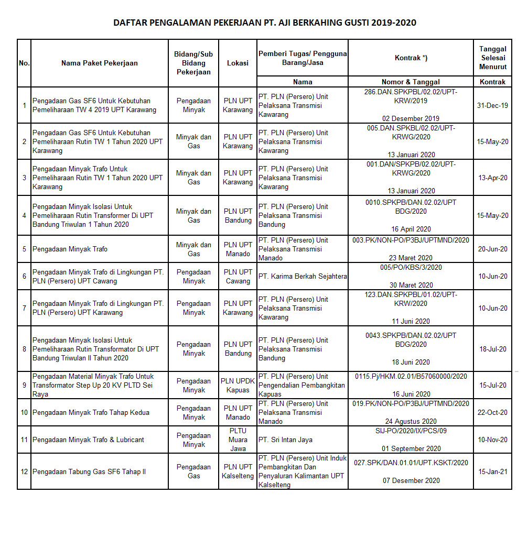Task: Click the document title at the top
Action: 265,23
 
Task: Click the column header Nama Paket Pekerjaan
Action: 100,63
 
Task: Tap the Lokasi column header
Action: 238,63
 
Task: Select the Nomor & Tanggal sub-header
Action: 411,82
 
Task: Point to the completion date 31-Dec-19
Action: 492,105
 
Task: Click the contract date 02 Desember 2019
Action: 411,118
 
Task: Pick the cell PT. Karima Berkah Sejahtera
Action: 303,277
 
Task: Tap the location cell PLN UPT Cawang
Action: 238,277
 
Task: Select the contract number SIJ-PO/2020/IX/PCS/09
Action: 411,431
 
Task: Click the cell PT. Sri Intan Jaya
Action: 285,440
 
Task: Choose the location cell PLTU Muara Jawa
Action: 238,440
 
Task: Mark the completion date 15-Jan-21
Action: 492,471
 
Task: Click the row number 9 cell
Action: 24,386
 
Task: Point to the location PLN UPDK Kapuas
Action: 238,386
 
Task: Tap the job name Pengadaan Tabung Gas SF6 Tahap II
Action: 89,471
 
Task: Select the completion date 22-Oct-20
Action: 492,412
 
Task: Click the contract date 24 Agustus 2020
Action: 411,421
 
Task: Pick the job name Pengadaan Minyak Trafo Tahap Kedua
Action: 91,412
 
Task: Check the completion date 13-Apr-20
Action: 492,178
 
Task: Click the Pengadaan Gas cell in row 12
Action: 193,471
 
